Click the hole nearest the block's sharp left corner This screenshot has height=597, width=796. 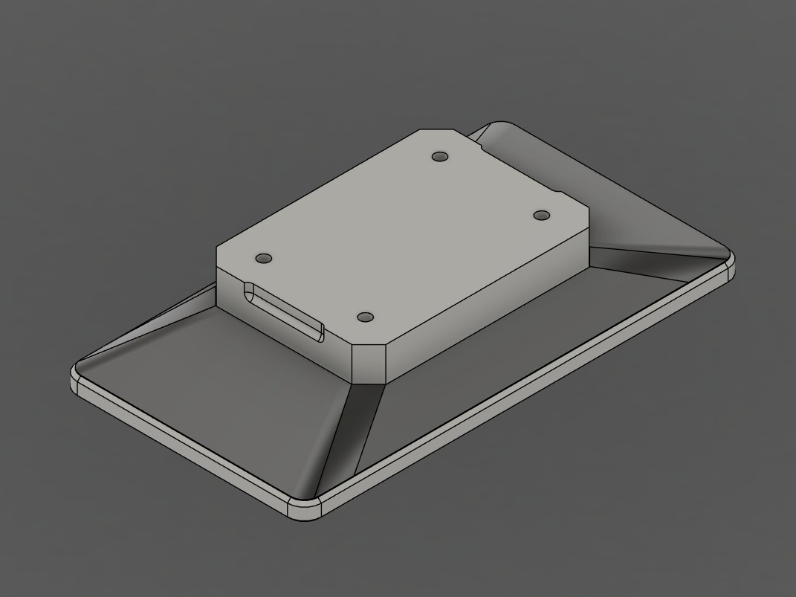[x=263, y=259]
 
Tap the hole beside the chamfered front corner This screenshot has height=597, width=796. [x=365, y=317]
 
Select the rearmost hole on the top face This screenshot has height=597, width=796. [x=440, y=157]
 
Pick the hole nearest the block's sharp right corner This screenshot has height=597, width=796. [x=542, y=216]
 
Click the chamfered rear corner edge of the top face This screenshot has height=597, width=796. [x=438, y=132]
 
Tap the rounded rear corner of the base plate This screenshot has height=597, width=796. [x=499, y=124]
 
